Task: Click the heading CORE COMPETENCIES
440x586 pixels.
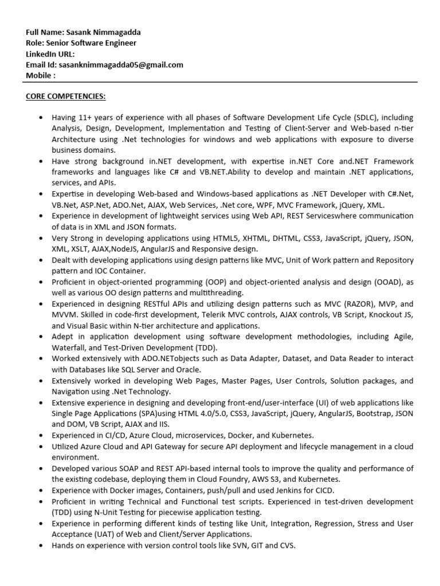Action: [x=65, y=96]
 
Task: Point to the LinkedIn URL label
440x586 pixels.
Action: [x=50, y=54]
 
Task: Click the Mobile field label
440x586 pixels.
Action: [x=40, y=76]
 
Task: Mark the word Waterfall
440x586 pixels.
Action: [x=69, y=347]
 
